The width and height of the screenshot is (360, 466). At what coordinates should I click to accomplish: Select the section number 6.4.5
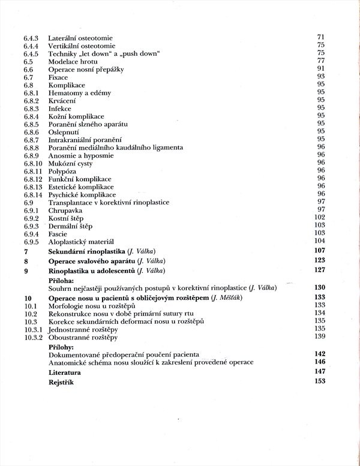point(31,54)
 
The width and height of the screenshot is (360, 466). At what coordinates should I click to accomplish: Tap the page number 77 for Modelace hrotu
point(320,61)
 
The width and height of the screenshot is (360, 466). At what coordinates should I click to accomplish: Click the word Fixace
point(58,77)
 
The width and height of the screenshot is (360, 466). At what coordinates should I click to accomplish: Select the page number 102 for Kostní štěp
point(319,217)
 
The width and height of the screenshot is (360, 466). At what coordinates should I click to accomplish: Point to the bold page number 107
point(319,250)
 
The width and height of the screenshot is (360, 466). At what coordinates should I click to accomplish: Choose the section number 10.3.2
point(33,337)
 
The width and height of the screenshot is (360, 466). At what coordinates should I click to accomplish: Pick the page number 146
point(319,362)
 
